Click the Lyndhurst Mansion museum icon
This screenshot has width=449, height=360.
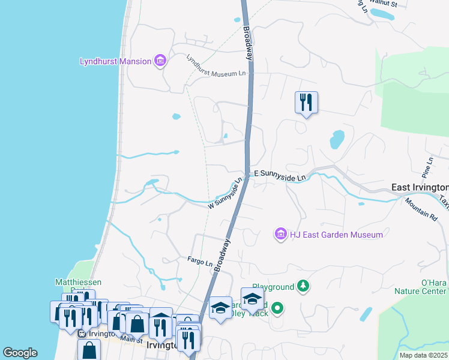click(x=160, y=61)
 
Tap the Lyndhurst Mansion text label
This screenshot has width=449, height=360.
click(x=115, y=61)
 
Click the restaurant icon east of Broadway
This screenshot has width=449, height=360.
click(x=306, y=103)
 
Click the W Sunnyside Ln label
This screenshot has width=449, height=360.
click(x=225, y=193)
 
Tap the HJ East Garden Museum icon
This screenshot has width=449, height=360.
click(x=280, y=234)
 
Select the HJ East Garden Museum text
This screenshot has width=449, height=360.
click(x=336, y=235)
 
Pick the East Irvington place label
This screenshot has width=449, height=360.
click(x=420, y=188)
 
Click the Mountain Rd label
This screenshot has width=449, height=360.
click(x=420, y=207)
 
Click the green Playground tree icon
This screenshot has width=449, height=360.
click(x=305, y=287)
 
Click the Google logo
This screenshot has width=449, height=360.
click(x=20, y=353)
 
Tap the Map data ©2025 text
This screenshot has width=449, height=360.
click(x=424, y=355)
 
